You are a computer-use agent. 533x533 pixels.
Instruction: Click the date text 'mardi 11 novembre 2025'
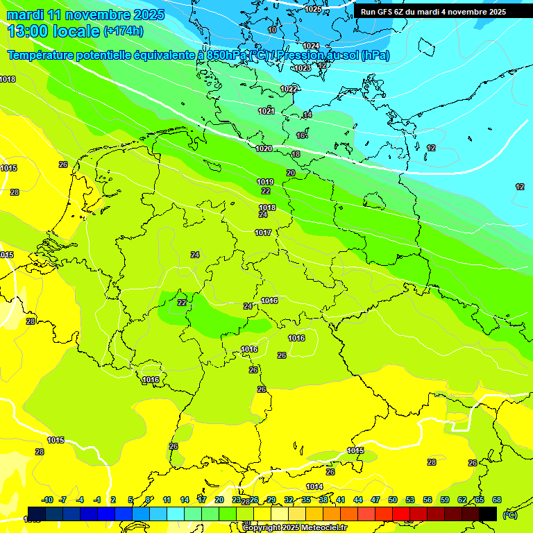coord(86,15)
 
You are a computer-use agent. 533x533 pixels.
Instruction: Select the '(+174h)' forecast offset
coord(124,31)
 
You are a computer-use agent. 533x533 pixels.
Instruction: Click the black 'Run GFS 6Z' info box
coord(433,12)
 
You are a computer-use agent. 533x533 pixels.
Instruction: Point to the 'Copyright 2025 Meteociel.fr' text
coord(295,527)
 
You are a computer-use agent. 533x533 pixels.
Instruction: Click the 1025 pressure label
coord(313,9)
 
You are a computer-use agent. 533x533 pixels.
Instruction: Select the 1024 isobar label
coord(311,46)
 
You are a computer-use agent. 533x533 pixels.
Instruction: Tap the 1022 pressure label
coord(289,89)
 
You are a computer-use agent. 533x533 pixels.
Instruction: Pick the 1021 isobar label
coord(266,111)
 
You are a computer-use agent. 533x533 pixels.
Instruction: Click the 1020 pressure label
coord(264,149)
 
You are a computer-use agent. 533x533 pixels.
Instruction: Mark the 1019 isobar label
coord(265,182)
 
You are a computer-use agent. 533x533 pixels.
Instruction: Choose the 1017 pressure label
coord(263,232)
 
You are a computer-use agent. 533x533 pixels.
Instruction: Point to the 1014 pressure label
coord(314,486)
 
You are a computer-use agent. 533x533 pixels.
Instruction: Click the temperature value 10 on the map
coord(272,30)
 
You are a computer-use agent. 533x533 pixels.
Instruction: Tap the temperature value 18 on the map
coord(296,154)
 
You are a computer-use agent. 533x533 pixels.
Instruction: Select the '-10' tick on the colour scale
coord(47,500)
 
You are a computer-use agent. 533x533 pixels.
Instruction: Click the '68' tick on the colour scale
coord(497,500)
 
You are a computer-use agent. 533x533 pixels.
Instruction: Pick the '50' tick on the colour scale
coord(393,500)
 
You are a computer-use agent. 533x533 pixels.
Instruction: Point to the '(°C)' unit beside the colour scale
coord(509,514)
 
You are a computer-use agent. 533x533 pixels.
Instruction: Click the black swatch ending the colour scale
coord(488,514)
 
